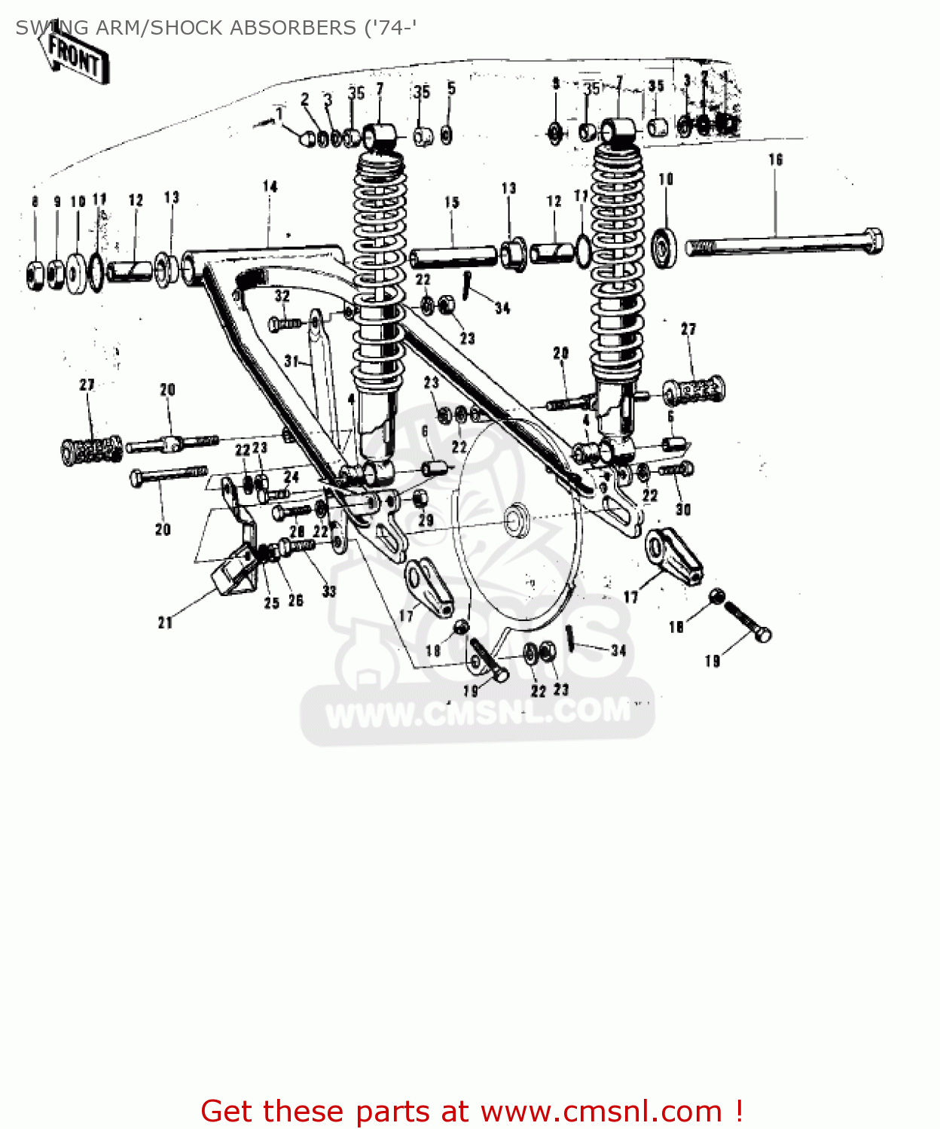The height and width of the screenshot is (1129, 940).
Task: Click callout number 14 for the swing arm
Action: (270, 187)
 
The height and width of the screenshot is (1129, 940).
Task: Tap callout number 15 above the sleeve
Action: (452, 202)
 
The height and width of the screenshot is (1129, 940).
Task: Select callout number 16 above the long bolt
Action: (776, 160)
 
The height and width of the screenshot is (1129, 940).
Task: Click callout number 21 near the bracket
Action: (166, 622)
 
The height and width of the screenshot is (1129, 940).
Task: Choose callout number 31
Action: (291, 361)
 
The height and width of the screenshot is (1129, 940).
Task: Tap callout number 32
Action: (282, 296)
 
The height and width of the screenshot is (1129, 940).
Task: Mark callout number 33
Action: (329, 592)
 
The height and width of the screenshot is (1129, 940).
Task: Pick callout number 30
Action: (683, 510)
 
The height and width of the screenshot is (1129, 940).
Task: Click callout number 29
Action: (426, 520)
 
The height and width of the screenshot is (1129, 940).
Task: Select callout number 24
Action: (291, 476)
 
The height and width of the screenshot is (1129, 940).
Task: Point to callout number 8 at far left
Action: (35, 202)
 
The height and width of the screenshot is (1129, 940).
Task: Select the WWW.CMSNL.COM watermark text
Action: (478, 713)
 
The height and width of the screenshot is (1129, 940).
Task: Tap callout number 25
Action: (272, 603)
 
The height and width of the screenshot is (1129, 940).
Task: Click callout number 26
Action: (296, 600)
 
